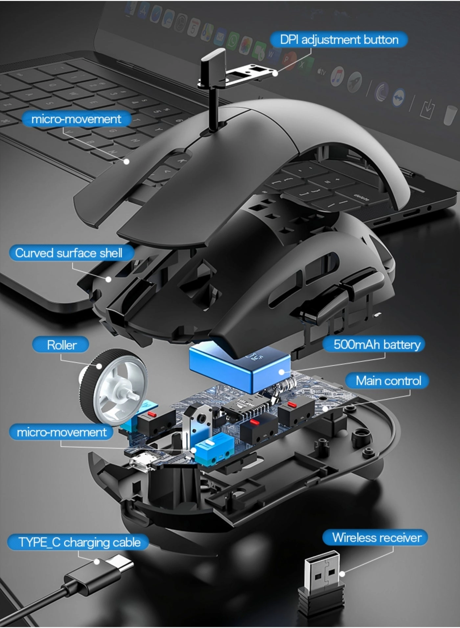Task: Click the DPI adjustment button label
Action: click(339, 40)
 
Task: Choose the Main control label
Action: click(388, 381)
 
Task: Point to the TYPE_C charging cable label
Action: click(79, 542)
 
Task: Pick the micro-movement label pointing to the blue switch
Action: click(62, 432)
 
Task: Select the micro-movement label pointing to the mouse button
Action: click(76, 119)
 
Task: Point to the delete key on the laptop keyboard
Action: click(361, 198)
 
